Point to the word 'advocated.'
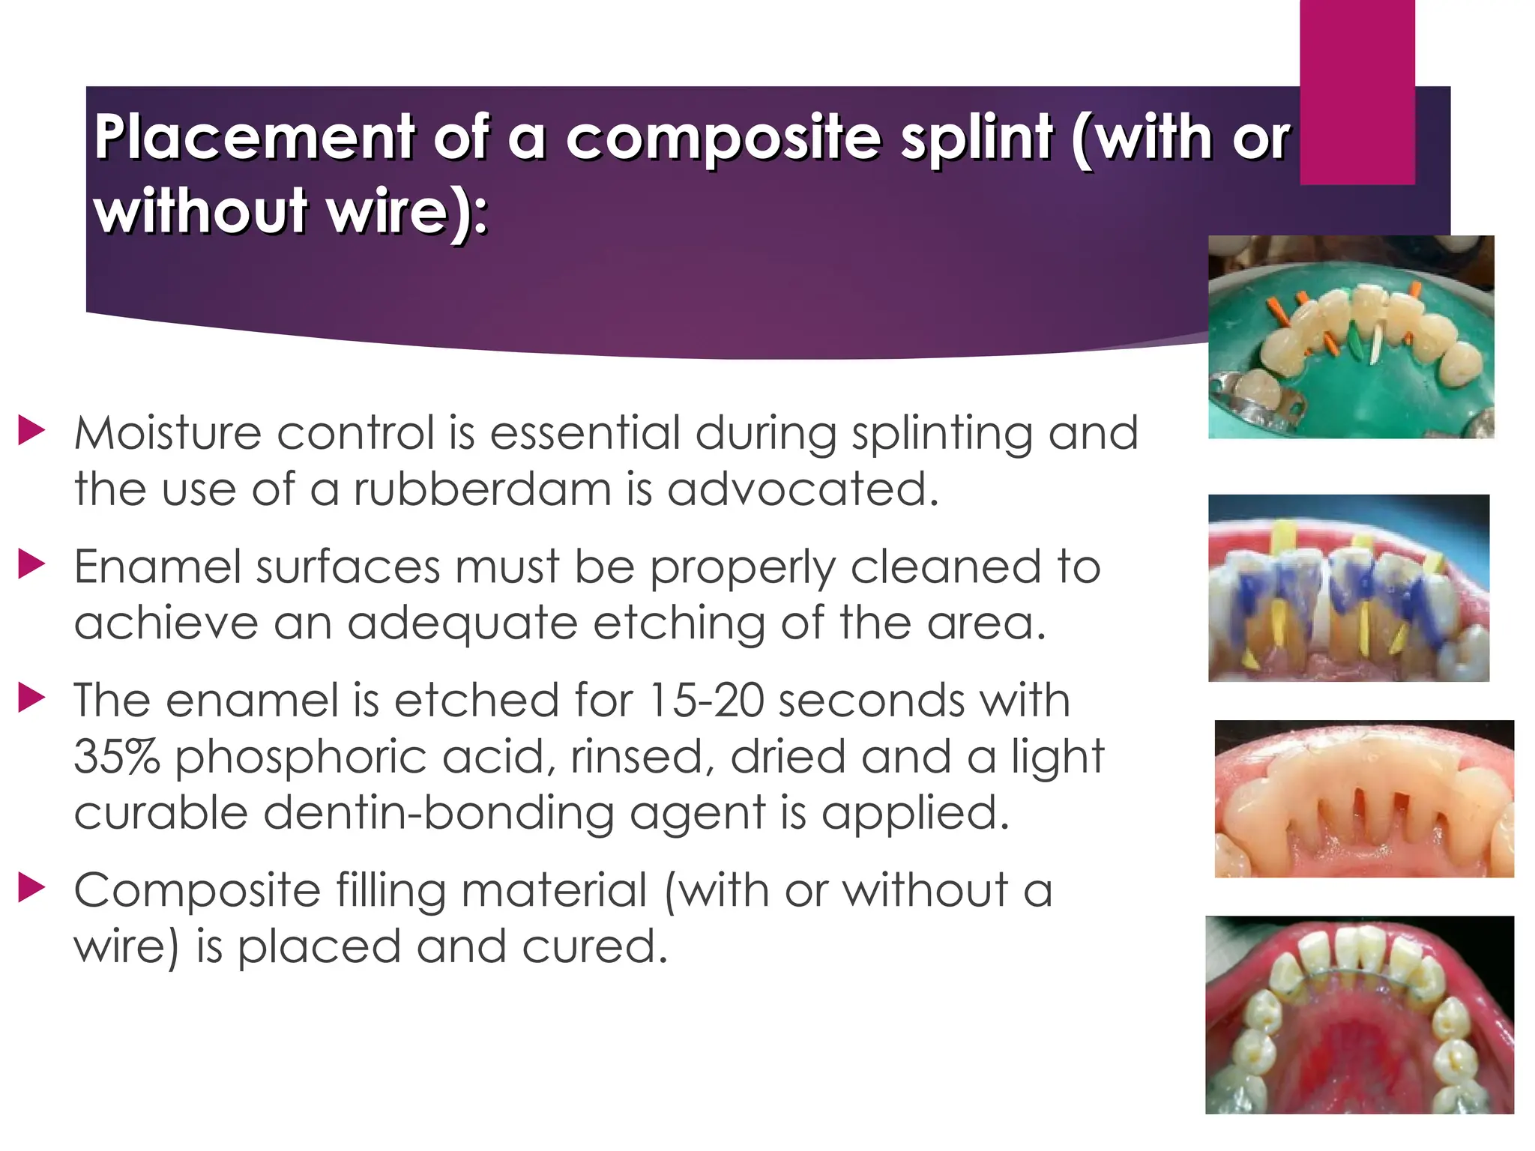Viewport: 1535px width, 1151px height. click(803, 489)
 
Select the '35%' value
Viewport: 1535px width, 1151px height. click(117, 757)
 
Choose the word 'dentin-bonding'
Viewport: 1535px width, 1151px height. click(438, 813)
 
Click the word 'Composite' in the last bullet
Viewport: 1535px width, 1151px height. click(197, 891)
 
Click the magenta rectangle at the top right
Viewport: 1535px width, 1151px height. click(1357, 90)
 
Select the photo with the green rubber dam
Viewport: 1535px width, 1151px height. click(1351, 336)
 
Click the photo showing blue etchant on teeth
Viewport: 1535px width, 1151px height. click(1348, 587)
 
